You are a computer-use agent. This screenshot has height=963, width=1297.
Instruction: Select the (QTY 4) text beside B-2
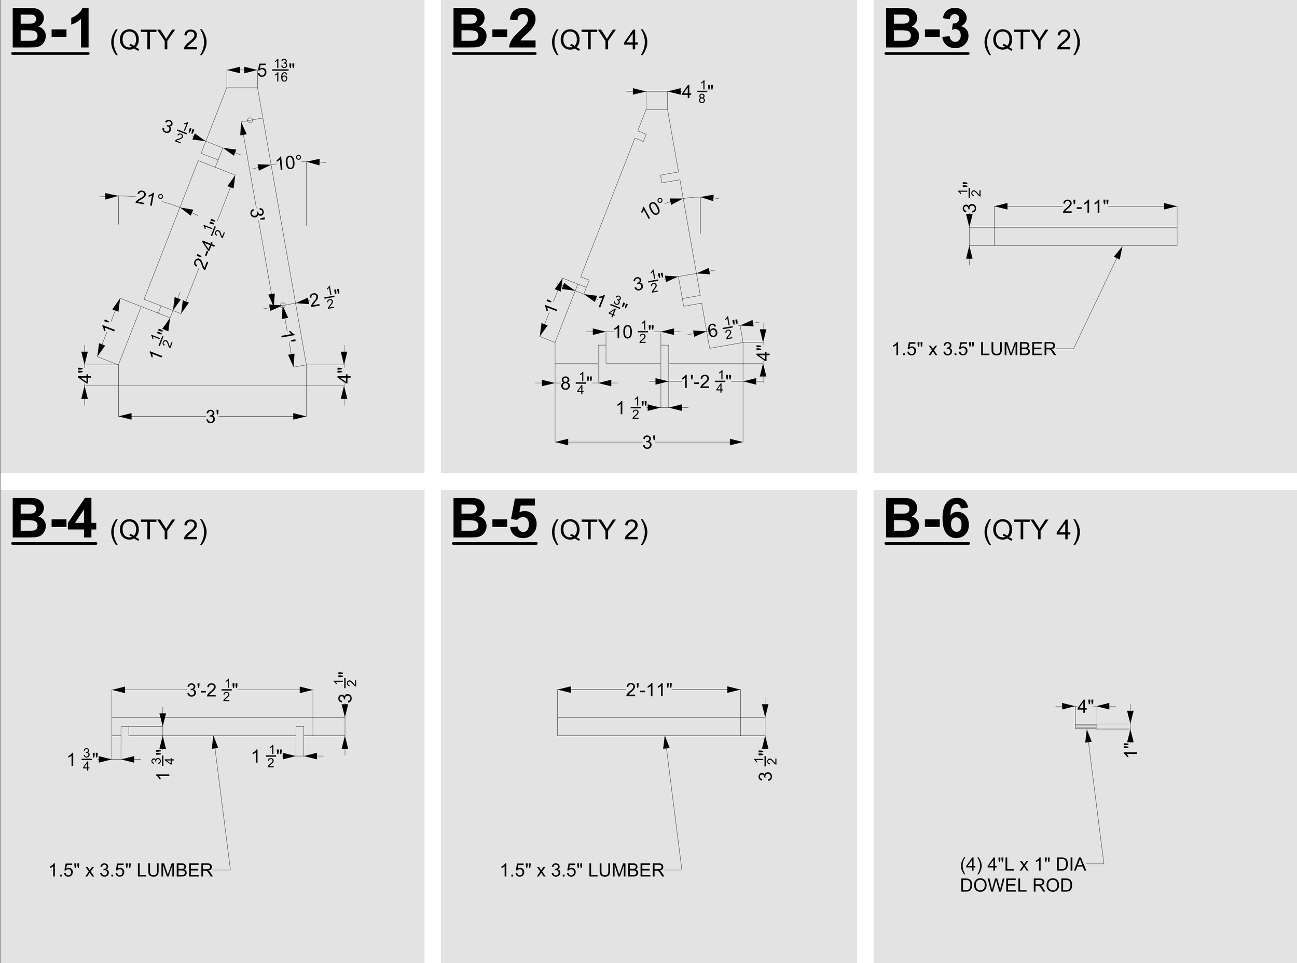(x=599, y=40)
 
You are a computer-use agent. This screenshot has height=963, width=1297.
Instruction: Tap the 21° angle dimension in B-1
(x=149, y=198)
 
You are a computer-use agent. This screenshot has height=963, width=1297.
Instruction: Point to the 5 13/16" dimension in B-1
(x=275, y=71)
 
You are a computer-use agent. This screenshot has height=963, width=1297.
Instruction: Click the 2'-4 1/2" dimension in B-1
(x=209, y=244)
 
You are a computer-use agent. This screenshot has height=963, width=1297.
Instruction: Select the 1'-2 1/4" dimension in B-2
(x=706, y=382)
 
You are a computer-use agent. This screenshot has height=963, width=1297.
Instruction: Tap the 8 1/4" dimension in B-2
(x=576, y=383)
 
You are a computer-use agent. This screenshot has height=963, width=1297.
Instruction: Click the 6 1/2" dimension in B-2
(x=723, y=330)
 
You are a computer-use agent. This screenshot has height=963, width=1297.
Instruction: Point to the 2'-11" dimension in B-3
(x=1085, y=207)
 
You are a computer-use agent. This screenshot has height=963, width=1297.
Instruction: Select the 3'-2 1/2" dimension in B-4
(x=212, y=691)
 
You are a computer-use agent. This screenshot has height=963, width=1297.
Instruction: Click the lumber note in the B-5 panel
(x=582, y=870)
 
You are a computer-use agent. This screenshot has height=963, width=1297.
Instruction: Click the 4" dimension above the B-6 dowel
(x=1085, y=707)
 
